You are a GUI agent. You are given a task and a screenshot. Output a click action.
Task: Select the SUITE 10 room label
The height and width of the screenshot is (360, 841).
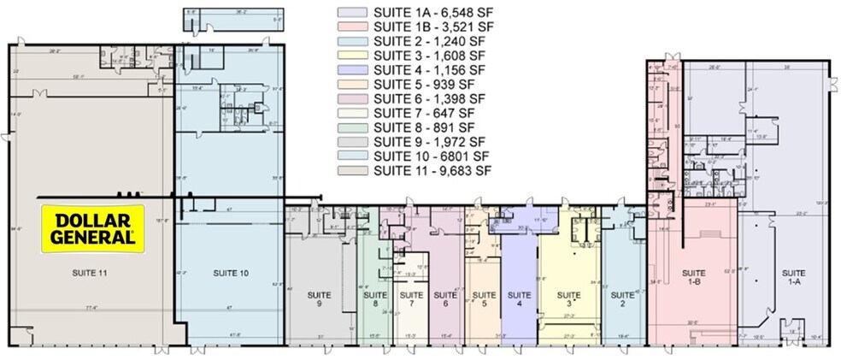pyautogui.click(x=230, y=273)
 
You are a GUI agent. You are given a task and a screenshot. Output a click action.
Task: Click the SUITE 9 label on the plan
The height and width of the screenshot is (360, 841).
pyautogui.click(x=320, y=298)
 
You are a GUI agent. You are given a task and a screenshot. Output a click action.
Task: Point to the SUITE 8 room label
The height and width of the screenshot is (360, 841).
pyautogui.click(x=373, y=298)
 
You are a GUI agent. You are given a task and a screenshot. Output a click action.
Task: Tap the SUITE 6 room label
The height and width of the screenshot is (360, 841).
pyautogui.click(x=445, y=298)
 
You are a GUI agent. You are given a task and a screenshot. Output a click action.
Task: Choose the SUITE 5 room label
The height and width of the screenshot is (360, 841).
pyautogui.click(x=484, y=298)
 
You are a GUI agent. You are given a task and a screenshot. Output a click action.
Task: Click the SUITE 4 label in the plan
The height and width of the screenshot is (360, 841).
pyautogui.click(x=519, y=298)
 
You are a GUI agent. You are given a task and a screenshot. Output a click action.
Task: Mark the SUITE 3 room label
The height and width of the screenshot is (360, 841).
pyautogui.click(x=568, y=298)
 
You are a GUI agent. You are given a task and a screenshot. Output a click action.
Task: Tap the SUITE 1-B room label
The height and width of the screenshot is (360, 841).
pyautogui.click(x=693, y=276)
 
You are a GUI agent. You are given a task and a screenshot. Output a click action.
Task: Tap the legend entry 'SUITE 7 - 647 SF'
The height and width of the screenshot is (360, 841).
pyautogui.click(x=424, y=113)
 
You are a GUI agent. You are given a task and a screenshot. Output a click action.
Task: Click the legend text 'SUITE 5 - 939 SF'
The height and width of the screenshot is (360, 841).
pyautogui.click(x=424, y=85)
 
